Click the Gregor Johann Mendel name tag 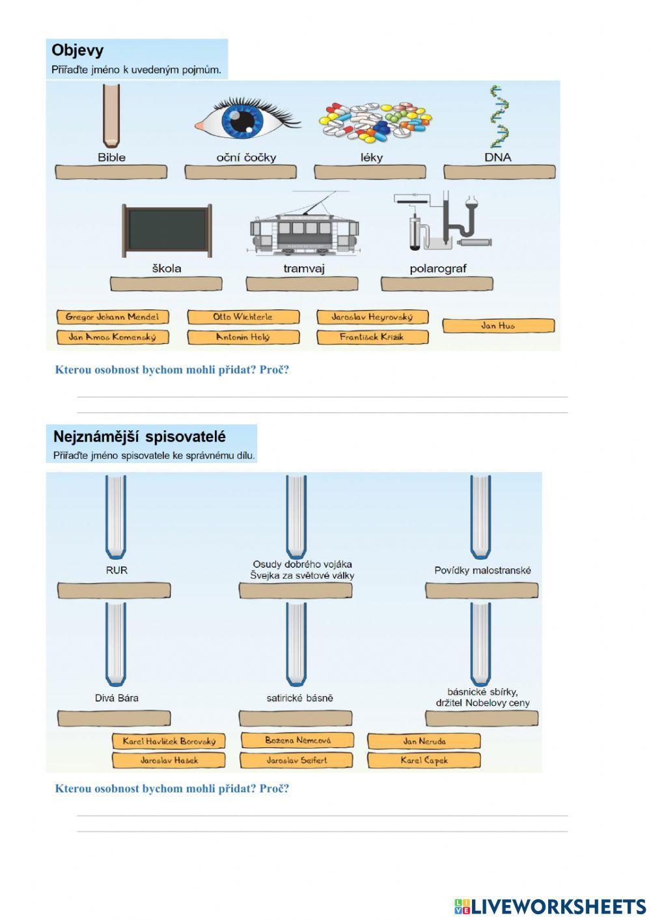112,317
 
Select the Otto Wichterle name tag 243,317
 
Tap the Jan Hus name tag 498,326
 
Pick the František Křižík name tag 372,337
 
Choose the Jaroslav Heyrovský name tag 372,317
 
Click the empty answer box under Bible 111,172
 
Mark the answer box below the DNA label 499,172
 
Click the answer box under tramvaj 301,284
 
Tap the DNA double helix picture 499,117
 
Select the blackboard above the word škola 167,230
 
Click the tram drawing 304,228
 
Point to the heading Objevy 77,50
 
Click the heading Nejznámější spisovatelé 139,436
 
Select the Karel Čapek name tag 424,760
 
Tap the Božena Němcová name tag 298,740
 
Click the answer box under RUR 114,591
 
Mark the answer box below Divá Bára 114,718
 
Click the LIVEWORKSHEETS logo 549,906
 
